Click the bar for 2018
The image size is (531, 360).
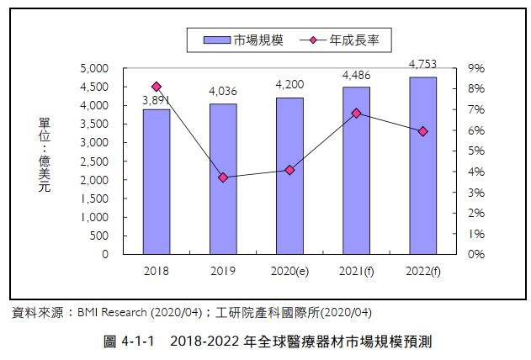pos(156,181)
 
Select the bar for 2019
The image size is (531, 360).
pos(223,178)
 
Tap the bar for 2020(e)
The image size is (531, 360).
pos(289,175)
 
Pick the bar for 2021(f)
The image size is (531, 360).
pos(356,170)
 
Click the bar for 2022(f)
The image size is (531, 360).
pos(422,165)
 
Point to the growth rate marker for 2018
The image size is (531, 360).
pos(157,87)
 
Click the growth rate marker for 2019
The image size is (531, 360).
pos(223,177)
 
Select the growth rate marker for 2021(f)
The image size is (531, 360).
pos(356,113)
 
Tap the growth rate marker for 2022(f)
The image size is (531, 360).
pos(422,131)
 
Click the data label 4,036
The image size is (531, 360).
pos(223,91)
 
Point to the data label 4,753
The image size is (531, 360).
pos(422,63)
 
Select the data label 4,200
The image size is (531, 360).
pos(289,84)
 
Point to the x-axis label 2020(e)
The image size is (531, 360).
pos(289,271)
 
